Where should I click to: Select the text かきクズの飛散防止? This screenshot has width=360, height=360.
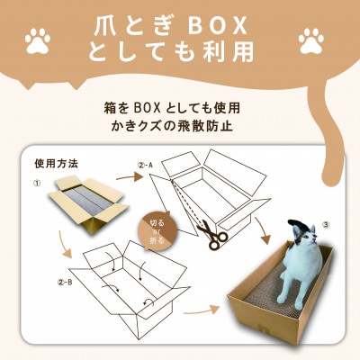click(180, 125)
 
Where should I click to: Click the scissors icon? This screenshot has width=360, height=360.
click(211, 235)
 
